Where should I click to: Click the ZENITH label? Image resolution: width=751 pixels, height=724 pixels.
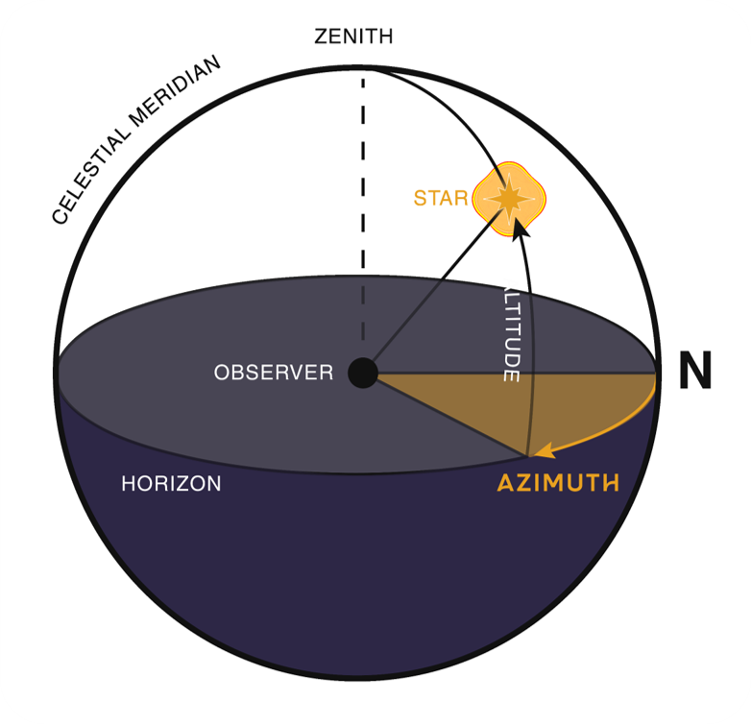[353, 37]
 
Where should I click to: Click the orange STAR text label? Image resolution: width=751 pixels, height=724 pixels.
[441, 199]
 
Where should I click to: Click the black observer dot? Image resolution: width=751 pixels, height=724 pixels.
[362, 373]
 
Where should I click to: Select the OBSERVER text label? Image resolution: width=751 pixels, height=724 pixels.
[274, 373]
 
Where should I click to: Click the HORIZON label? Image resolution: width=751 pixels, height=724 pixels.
[171, 484]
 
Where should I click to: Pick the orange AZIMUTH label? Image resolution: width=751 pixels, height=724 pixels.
[557, 483]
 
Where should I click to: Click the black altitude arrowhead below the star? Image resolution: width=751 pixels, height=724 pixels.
[520, 228]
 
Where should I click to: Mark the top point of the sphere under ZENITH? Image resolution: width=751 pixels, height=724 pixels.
[362, 68]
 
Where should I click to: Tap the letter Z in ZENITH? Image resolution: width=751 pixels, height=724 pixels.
[321, 37]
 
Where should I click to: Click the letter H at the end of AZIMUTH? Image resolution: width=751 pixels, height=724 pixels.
[607, 483]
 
